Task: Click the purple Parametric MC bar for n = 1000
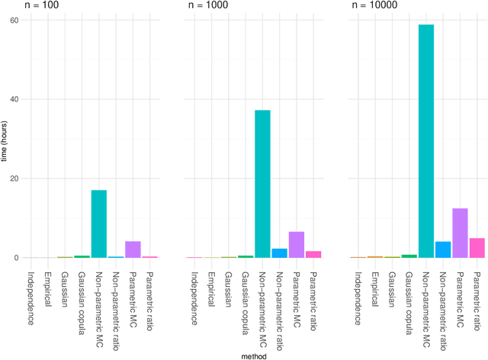(296, 245)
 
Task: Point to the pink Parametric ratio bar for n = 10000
(477, 248)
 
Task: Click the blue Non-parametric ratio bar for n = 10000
(443, 249)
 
